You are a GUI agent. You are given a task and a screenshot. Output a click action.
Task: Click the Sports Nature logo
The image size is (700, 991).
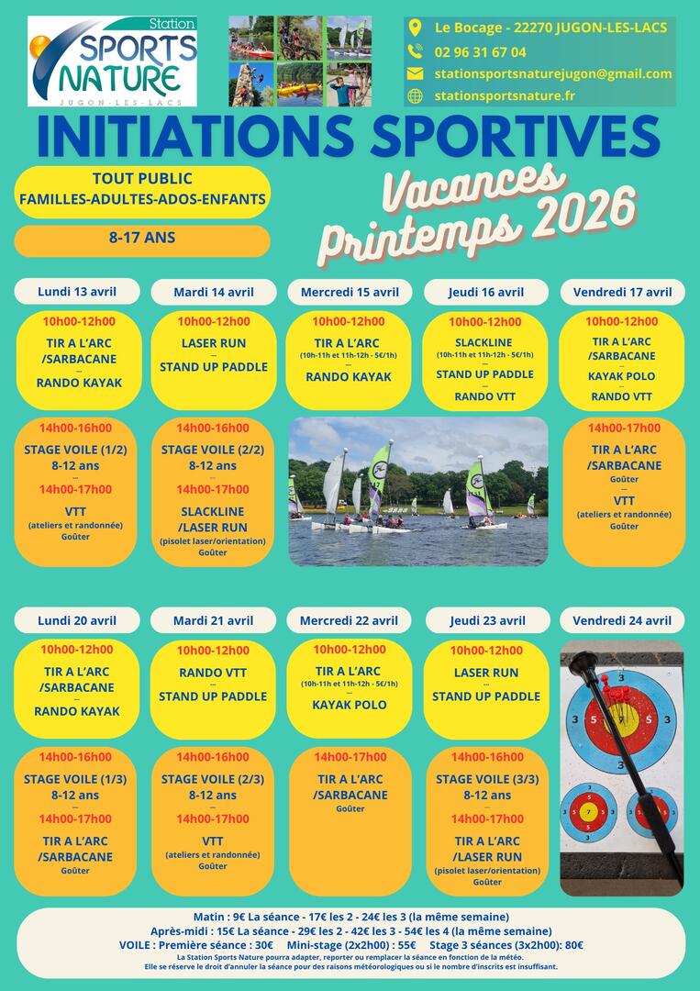pyautogui.click(x=113, y=61)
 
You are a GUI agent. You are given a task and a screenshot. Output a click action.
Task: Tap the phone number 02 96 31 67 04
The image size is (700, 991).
pyautogui.click(x=480, y=51)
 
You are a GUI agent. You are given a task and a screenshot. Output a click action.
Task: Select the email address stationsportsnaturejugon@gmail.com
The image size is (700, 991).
pyautogui.click(x=553, y=73)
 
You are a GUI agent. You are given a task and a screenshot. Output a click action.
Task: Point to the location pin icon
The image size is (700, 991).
pyautogui.click(x=415, y=28)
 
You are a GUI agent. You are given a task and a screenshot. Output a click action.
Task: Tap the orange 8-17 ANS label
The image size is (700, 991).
pyautogui.click(x=142, y=239)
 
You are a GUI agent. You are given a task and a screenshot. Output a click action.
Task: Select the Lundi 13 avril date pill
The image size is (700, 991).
pyautogui.click(x=77, y=292)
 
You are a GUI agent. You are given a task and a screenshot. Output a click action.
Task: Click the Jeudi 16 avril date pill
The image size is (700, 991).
pyautogui.click(x=486, y=293)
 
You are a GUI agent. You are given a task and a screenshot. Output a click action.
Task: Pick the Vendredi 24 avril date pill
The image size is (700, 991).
pyautogui.click(x=622, y=620)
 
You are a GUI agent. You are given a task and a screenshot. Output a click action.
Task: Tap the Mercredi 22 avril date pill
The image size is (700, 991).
pyautogui.click(x=349, y=620)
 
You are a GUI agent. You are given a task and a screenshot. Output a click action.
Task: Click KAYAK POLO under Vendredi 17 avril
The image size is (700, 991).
pyautogui.click(x=622, y=376)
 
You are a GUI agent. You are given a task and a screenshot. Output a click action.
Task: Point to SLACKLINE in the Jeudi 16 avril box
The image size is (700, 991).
pyautogui.click(x=485, y=342)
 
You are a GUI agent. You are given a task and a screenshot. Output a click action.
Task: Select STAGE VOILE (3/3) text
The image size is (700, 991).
pyautogui.click(x=487, y=779)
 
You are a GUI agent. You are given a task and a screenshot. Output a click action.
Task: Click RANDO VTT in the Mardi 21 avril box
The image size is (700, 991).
pyautogui.click(x=213, y=673)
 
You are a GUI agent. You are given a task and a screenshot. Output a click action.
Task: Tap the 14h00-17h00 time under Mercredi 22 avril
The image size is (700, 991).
pyautogui.click(x=350, y=757)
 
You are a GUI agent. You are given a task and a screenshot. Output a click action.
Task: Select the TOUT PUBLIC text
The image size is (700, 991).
pyautogui.click(x=142, y=179)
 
